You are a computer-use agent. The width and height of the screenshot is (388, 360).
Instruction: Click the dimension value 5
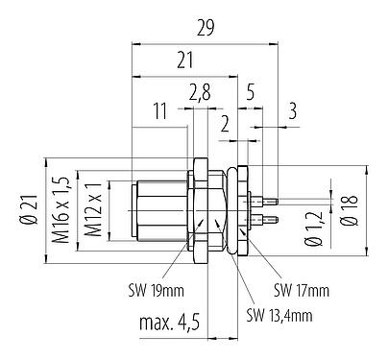(251, 93)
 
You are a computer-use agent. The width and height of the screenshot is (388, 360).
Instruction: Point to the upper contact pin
(272, 202)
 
